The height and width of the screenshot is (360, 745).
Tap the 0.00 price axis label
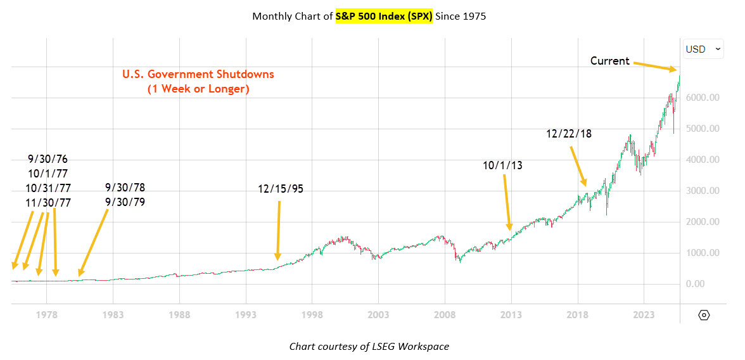pyautogui.click(x=703, y=284)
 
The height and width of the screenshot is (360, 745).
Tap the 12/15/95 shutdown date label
pyautogui.click(x=281, y=189)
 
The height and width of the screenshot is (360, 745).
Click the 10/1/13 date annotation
pyautogui.click(x=504, y=165)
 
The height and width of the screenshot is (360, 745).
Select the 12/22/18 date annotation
pyautogui.click(x=569, y=134)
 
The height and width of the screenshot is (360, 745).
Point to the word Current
pyautogui.click(x=609, y=61)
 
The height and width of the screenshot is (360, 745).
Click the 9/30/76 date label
pyautogui.click(x=48, y=159)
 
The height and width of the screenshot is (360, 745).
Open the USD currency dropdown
pyautogui.click(x=703, y=49)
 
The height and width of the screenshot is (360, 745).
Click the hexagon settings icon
pyautogui.click(x=704, y=315)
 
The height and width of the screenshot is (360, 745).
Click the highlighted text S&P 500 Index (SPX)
pyautogui.click(x=384, y=16)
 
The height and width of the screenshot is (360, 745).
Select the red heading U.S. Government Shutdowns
pyautogui.click(x=198, y=74)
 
